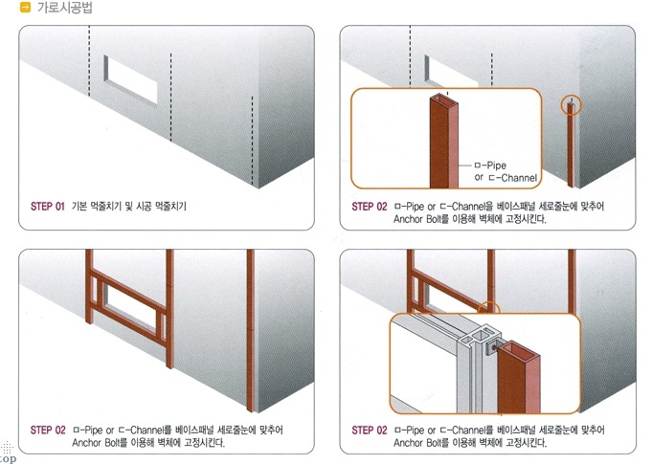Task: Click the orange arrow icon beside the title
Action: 25,7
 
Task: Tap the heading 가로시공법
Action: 65,7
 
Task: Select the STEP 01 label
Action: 48,207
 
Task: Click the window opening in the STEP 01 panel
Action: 131,79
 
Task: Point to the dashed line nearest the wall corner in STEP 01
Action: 252,142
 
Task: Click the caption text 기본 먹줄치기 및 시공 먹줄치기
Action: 129,207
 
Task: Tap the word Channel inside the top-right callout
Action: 519,178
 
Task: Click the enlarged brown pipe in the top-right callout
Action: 444,142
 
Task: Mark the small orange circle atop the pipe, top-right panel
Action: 571,105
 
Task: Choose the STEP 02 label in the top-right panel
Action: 370,207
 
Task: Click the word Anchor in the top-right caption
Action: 408,219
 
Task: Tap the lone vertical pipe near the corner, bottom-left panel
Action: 250,330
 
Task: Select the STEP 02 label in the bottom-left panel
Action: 48,430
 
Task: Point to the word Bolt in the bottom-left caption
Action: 110,442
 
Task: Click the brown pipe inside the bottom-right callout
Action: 519,378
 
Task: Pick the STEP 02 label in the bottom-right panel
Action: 370,430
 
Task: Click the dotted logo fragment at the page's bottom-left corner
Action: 7,453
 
